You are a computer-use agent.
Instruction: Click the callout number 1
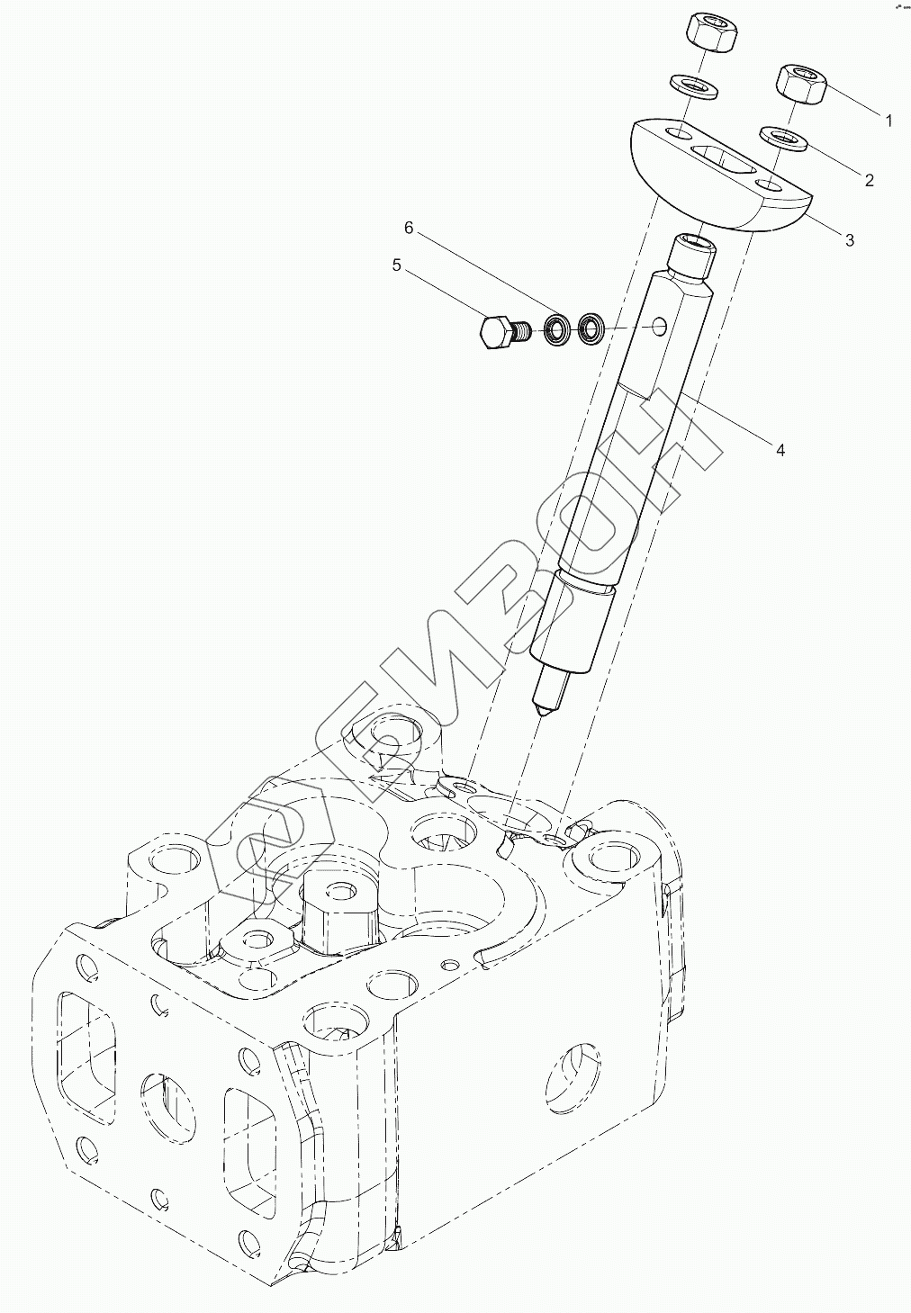888,121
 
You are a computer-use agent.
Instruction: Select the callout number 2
869,180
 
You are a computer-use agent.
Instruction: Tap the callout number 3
849,239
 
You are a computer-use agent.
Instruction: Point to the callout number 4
780,449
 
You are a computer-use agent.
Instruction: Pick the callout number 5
396,265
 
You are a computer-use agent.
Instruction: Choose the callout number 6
408,229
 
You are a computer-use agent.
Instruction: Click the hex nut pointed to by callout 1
801,85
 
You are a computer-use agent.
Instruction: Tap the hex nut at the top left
713,34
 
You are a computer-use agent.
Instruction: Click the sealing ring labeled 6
557,329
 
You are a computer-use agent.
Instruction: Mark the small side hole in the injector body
661,323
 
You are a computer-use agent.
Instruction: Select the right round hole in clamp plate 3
769,185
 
